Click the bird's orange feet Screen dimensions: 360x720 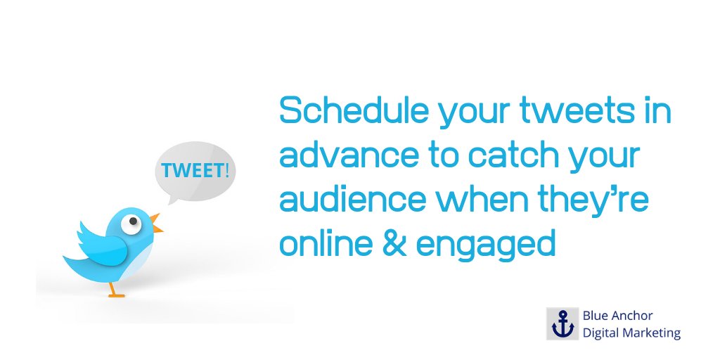point(115,292)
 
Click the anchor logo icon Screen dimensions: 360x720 point(562,324)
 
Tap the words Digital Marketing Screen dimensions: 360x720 point(631,333)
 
